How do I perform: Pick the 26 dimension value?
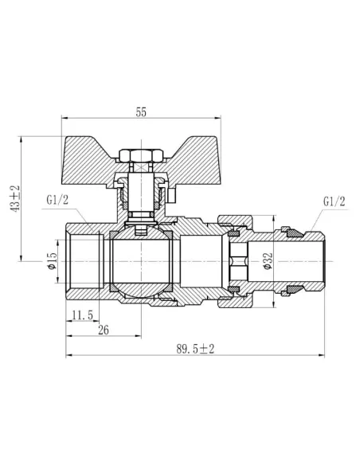tap(103, 329)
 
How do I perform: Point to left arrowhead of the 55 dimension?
tap(65, 122)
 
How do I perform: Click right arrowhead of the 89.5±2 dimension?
tap(325, 356)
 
